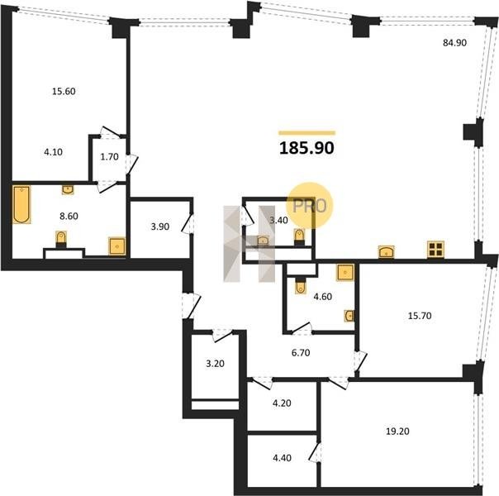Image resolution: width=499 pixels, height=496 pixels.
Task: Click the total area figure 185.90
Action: [x=307, y=148]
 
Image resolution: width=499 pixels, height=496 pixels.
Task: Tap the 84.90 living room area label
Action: [x=454, y=43]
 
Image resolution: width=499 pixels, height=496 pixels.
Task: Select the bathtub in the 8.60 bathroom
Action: [x=21, y=204]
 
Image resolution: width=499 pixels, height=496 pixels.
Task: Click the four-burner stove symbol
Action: [x=435, y=250]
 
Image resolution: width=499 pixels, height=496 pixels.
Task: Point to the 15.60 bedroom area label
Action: [x=64, y=92]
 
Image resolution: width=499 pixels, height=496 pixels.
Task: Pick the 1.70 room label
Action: [x=110, y=156]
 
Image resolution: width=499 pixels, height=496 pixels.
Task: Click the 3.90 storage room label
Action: [x=159, y=227]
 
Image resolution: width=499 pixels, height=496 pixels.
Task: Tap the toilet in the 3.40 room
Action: [x=299, y=237]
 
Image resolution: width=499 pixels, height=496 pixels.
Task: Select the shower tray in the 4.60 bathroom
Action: [x=345, y=273]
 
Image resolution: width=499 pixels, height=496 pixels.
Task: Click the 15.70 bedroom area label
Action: [x=420, y=316]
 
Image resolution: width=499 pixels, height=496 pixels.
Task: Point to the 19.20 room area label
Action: [x=397, y=432]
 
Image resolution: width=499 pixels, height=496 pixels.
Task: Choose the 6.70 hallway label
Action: [x=301, y=353]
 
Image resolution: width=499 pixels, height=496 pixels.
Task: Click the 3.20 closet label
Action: [x=215, y=364]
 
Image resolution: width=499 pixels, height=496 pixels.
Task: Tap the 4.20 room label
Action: [x=282, y=403]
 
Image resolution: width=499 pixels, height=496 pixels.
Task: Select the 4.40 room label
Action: [x=282, y=458]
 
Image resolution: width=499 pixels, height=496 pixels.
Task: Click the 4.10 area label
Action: [x=53, y=152]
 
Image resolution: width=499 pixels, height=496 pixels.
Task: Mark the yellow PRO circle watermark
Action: [x=309, y=205]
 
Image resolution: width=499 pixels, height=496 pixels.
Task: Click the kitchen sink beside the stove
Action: [x=386, y=252]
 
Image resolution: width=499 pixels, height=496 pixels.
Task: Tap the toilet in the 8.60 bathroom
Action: [x=61, y=239]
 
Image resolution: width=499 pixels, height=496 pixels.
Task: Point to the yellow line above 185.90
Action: [x=307, y=133]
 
